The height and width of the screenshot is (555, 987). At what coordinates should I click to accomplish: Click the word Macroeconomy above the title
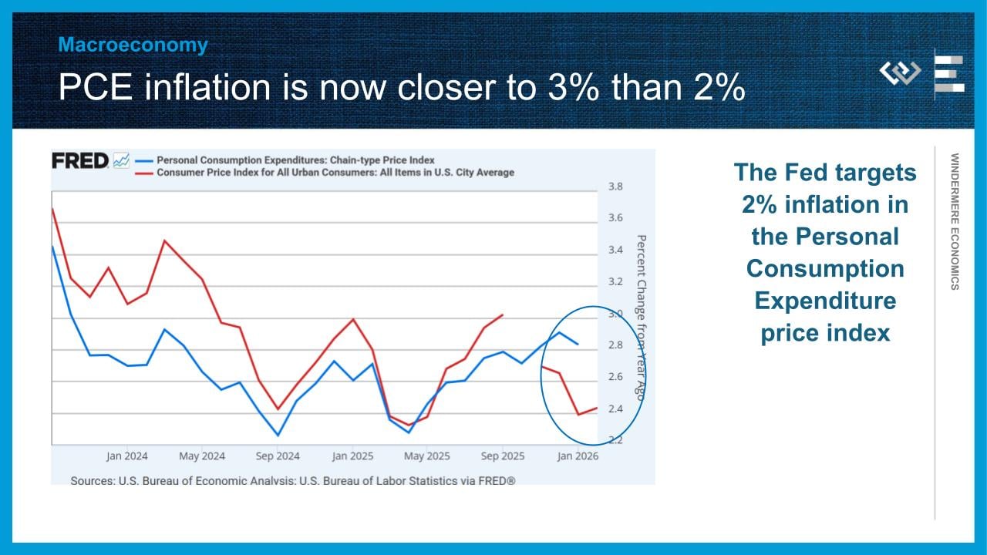click(x=133, y=45)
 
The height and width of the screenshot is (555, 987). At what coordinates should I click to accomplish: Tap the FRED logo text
click(x=79, y=161)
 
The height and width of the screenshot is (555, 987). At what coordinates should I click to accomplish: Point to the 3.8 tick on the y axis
click(x=615, y=187)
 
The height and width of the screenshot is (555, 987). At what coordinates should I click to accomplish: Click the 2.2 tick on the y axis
click(x=615, y=440)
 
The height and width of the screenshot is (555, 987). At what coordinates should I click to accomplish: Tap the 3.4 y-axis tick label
click(x=615, y=250)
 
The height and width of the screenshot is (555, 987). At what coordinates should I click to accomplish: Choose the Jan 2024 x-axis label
click(x=127, y=456)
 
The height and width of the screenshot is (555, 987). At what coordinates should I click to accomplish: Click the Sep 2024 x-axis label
click(x=277, y=456)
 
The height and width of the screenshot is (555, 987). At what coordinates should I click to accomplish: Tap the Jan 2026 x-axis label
click(x=577, y=456)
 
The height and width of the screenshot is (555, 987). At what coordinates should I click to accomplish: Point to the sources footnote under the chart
click(x=292, y=480)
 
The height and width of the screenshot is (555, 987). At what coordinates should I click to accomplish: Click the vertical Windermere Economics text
click(x=955, y=221)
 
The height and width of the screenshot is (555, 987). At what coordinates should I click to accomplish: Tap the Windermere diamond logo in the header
click(x=900, y=73)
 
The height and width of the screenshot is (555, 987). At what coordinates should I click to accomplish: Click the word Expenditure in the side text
click(x=825, y=301)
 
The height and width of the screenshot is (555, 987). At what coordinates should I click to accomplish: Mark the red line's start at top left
click(x=52, y=208)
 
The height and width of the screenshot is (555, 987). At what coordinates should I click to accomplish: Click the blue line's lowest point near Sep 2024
click(x=278, y=436)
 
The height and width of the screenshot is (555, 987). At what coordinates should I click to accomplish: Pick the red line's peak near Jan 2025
click(x=353, y=318)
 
